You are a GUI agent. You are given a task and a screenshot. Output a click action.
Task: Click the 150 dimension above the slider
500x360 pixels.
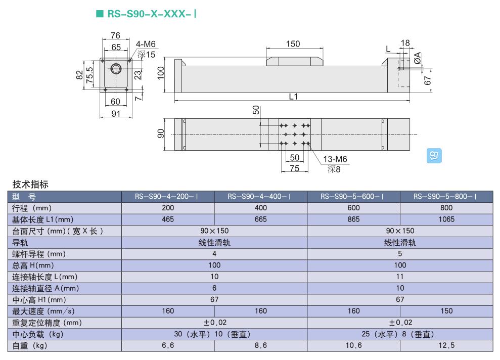coord(293,43)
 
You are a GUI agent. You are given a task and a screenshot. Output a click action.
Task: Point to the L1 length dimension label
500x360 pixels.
coord(293,96)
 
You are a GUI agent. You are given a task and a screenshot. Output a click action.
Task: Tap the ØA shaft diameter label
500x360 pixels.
coord(417,58)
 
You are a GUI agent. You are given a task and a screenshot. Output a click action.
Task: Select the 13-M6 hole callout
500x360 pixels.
coord(335,160)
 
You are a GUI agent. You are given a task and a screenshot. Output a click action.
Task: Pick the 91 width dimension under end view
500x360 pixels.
coord(116,113)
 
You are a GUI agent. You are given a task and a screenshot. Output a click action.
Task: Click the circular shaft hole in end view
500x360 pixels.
coord(116,69)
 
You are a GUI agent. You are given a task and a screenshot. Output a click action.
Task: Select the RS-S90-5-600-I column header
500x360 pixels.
coord(353,197)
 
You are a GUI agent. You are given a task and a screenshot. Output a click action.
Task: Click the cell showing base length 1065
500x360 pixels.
coord(446,219)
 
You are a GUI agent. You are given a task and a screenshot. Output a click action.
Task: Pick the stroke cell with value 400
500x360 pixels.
coord(261,208)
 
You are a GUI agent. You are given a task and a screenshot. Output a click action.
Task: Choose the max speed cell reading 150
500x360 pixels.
coord(446,311)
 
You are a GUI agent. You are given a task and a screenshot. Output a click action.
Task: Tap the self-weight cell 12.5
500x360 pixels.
coord(446,346)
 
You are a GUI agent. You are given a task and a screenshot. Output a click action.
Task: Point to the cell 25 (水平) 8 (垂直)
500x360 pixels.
coord(400,334)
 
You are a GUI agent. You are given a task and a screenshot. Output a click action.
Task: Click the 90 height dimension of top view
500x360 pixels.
coord(161,134)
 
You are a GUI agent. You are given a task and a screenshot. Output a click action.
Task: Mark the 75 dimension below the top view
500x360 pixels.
coord(295,168)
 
